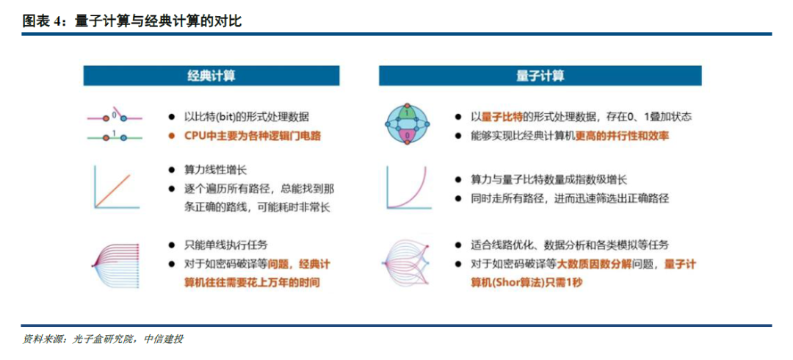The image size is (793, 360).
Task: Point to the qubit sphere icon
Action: (x=406, y=125)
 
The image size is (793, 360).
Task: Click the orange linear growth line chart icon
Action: (x=112, y=188)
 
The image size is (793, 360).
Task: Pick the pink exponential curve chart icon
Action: (x=406, y=188)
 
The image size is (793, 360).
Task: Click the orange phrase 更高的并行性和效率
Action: (x=622, y=136)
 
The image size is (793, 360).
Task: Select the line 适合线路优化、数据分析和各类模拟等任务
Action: (x=569, y=245)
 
